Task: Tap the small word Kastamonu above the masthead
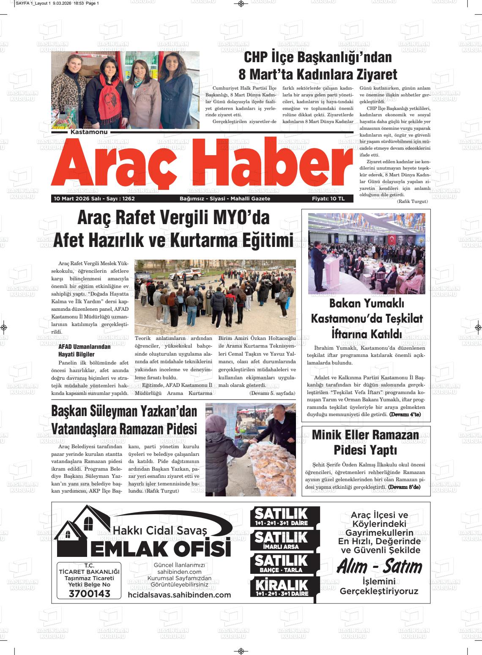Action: point(90,132)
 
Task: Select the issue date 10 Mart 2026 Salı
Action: point(76,198)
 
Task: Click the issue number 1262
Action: point(126,198)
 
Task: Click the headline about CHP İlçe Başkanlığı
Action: point(318,66)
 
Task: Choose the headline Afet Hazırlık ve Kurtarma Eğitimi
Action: point(173,241)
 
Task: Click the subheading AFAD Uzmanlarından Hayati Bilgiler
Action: point(84,350)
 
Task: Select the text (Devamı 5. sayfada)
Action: point(272,393)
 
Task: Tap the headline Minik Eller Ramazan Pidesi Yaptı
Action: point(365,442)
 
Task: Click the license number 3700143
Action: point(89,594)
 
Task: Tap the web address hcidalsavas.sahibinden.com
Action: point(179,595)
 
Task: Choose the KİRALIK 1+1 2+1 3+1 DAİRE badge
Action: point(282,587)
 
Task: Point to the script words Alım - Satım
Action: point(379,567)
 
